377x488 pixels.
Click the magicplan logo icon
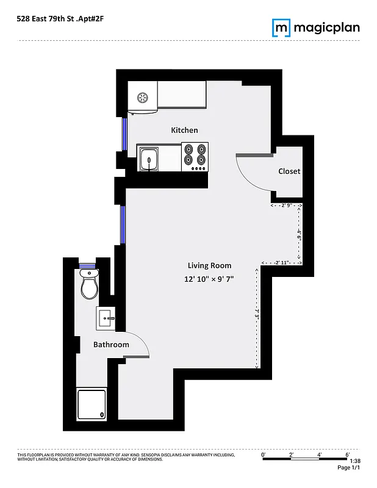coord(281,27)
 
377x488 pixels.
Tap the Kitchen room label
coord(184,130)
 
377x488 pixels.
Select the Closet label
coord(289,171)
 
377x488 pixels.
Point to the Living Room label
coord(209,265)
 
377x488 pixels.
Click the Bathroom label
coord(111,345)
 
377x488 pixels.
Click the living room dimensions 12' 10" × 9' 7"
coord(209,279)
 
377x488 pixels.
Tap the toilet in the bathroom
coord(89,285)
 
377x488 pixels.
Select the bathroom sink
coord(106,318)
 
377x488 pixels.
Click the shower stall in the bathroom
coord(91,404)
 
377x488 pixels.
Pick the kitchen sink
coord(149,159)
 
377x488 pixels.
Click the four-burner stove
coord(195,157)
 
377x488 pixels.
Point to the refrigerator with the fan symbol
coord(143,98)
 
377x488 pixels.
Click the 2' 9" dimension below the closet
coord(286,206)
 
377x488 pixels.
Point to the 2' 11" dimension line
coord(281,263)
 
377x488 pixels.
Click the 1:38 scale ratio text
coord(355,461)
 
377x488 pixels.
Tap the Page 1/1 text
coord(349,468)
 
